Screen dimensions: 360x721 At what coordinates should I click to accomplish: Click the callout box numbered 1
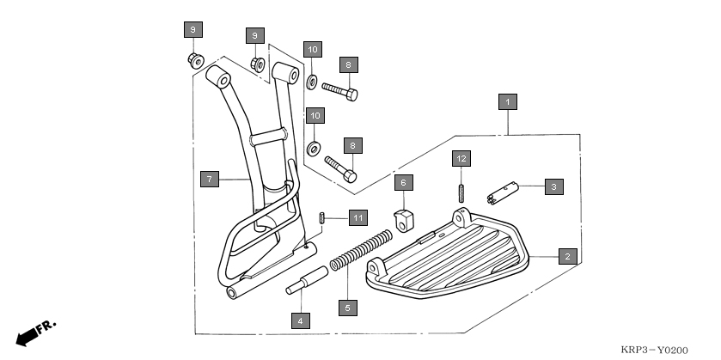click(x=508, y=102)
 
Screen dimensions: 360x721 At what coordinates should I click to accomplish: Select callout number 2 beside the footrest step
click(x=566, y=255)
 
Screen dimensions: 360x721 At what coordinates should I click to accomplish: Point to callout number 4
click(x=300, y=320)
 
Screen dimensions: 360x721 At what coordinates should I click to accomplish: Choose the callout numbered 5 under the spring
click(x=347, y=307)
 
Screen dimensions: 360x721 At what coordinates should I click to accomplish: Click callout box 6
click(x=404, y=182)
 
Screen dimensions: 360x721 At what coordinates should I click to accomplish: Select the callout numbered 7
click(x=208, y=180)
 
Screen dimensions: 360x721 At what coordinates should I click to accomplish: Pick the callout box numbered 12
click(x=461, y=159)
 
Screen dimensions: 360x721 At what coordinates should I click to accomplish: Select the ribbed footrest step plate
click(x=447, y=258)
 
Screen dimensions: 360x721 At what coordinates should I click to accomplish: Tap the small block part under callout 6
click(x=403, y=218)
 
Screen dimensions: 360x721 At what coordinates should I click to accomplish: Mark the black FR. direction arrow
click(x=33, y=333)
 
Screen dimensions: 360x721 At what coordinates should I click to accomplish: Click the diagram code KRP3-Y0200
click(x=654, y=351)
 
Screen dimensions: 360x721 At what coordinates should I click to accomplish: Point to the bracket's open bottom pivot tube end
click(x=233, y=292)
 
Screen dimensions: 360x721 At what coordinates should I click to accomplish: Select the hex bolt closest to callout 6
click(x=341, y=166)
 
